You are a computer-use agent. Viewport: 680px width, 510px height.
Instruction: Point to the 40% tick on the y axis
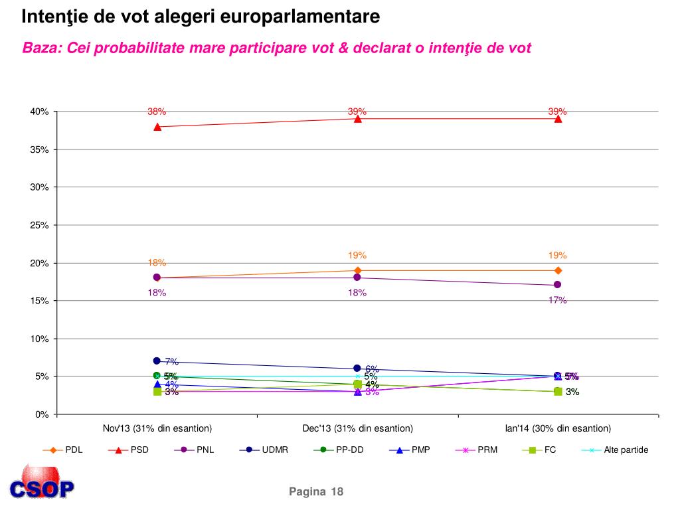[39, 112]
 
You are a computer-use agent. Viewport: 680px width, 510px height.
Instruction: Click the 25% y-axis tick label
[39, 225]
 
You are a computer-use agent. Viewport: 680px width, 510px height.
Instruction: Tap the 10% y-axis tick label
[39, 339]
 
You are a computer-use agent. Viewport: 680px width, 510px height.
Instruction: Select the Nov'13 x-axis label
[157, 428]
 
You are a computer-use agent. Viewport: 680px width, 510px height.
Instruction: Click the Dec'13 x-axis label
[357, 428]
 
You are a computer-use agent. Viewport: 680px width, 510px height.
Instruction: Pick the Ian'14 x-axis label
[558, 428]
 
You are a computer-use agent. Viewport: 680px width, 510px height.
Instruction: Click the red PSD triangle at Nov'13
[157, 126]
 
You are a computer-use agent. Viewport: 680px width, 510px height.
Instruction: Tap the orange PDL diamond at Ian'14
[558, 270]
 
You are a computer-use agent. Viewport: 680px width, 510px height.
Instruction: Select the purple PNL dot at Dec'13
[357, 278]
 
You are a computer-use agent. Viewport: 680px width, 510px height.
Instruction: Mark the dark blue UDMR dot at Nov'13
[157, 361]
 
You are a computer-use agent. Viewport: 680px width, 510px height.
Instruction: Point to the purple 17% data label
[557, 300]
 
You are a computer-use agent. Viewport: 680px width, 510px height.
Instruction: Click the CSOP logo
[41, 483]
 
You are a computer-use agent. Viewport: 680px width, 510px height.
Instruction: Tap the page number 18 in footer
[337, 491]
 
